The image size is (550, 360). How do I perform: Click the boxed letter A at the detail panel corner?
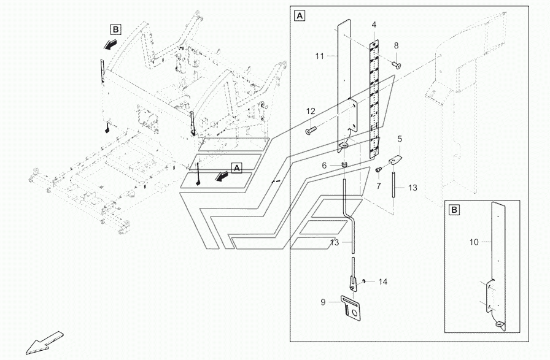(300, 15)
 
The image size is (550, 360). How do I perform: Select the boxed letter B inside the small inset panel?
(454, 210)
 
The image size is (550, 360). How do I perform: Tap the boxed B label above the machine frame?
(116, 29)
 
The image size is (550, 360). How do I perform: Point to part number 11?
(319, 56)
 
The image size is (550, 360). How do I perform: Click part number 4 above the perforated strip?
(373, 25)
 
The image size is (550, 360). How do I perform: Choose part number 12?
(311, 111)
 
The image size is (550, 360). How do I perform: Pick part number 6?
(325, 166)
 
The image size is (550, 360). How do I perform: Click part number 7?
(379, 185)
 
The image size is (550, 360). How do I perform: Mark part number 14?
(382, 281)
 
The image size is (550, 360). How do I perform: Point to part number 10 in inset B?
(473, 242)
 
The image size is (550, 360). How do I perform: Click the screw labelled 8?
(397, 65)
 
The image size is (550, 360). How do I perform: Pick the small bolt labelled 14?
(365, 281)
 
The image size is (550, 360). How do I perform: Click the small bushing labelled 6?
(346, 164)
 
